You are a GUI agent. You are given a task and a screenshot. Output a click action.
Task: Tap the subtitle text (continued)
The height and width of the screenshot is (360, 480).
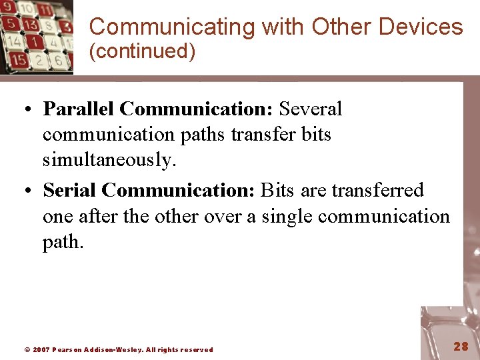click(142, 51)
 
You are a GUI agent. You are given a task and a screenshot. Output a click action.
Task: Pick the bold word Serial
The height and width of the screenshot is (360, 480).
click(70, 191)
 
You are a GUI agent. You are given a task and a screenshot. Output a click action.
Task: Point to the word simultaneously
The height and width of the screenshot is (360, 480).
click(109, 160)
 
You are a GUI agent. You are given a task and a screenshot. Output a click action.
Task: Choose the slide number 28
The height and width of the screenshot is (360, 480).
click(461, 346)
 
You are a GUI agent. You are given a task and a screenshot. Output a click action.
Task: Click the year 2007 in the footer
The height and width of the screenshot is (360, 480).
click(41, 349)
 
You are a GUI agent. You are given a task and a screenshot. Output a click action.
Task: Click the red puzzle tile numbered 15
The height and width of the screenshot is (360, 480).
click(18, 60)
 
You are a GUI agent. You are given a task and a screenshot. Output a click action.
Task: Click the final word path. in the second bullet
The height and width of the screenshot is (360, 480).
click(63, 243)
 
